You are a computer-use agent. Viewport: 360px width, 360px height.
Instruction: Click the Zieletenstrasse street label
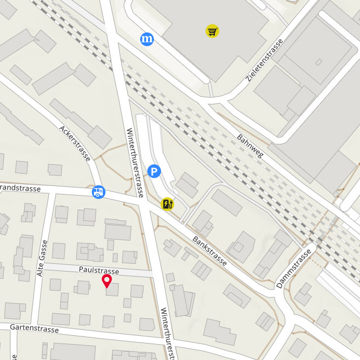click(x=265, y=60)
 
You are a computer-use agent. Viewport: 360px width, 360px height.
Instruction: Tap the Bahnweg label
click(x=251, y=146)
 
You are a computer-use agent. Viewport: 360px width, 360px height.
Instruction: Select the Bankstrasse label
click(x=210, y=252)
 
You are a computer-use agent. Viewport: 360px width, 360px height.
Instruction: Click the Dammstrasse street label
click(x=293, y=268)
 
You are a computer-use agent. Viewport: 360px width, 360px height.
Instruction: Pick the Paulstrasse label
click(x=99, y=271)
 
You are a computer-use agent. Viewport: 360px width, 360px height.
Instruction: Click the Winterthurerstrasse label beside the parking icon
click(x=135, y=163)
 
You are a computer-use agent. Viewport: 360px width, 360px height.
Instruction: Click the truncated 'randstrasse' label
click(x=21, y=189)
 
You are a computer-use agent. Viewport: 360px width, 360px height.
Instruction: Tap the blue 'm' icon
click(x=147, y=38)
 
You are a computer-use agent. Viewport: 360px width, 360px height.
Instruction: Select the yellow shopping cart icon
click(x=212, y=31)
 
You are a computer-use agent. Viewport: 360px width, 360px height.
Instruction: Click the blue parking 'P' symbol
click(x=154, y=172)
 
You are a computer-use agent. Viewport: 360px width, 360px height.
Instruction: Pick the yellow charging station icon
click(x=167, y=204)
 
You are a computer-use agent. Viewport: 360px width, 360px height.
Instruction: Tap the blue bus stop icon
click(x=98, y=192)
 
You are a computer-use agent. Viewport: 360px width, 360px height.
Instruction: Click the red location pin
click(x=107, y=282)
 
